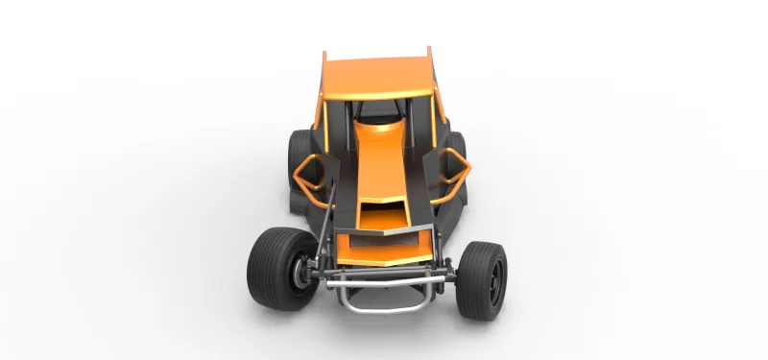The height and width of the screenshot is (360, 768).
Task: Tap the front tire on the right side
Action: pos(482,279)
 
